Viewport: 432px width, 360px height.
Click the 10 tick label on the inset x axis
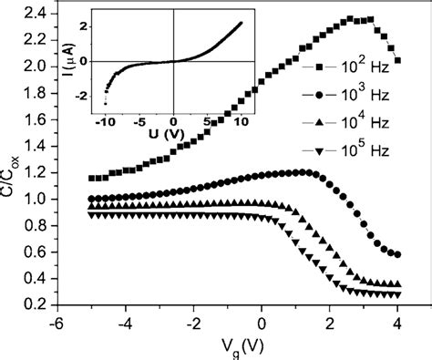[242, 120]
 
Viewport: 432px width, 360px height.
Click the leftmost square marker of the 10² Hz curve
[90, 179]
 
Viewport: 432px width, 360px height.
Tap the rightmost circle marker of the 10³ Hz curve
[396, 254]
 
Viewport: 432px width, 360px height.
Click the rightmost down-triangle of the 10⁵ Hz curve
[396, 295]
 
